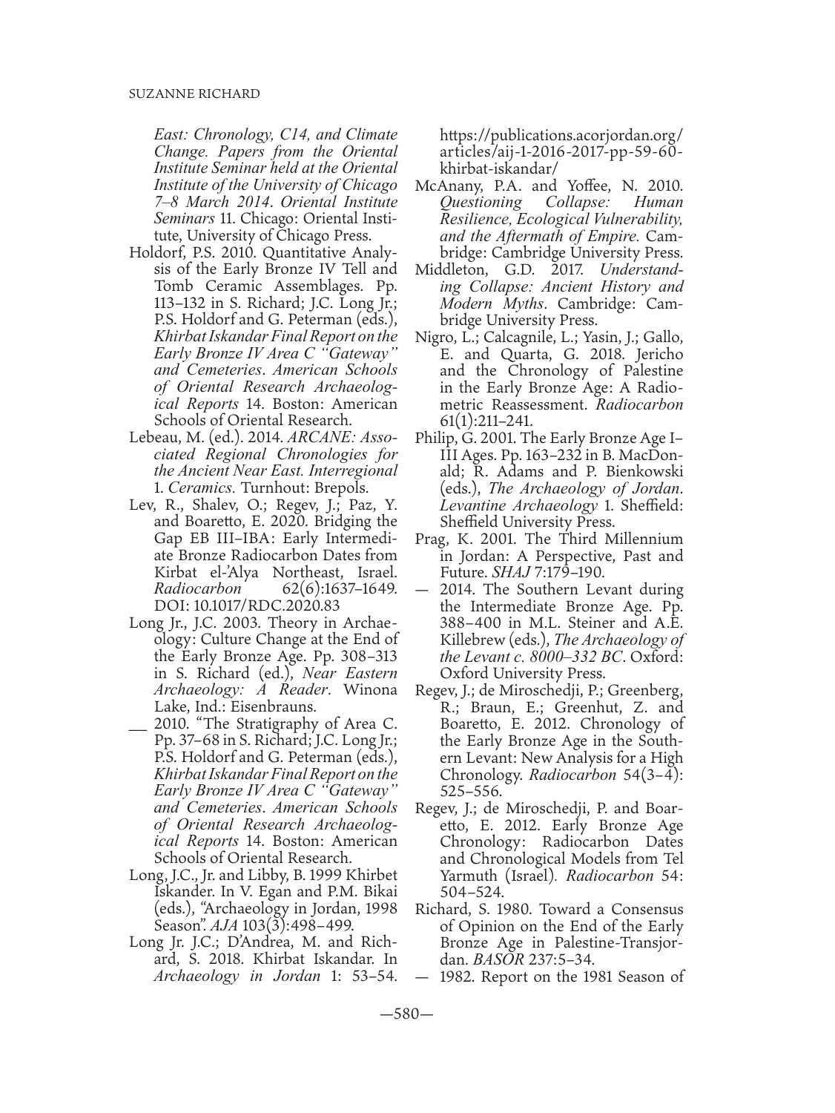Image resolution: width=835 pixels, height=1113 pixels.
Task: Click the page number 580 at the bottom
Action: point(417,1014)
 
